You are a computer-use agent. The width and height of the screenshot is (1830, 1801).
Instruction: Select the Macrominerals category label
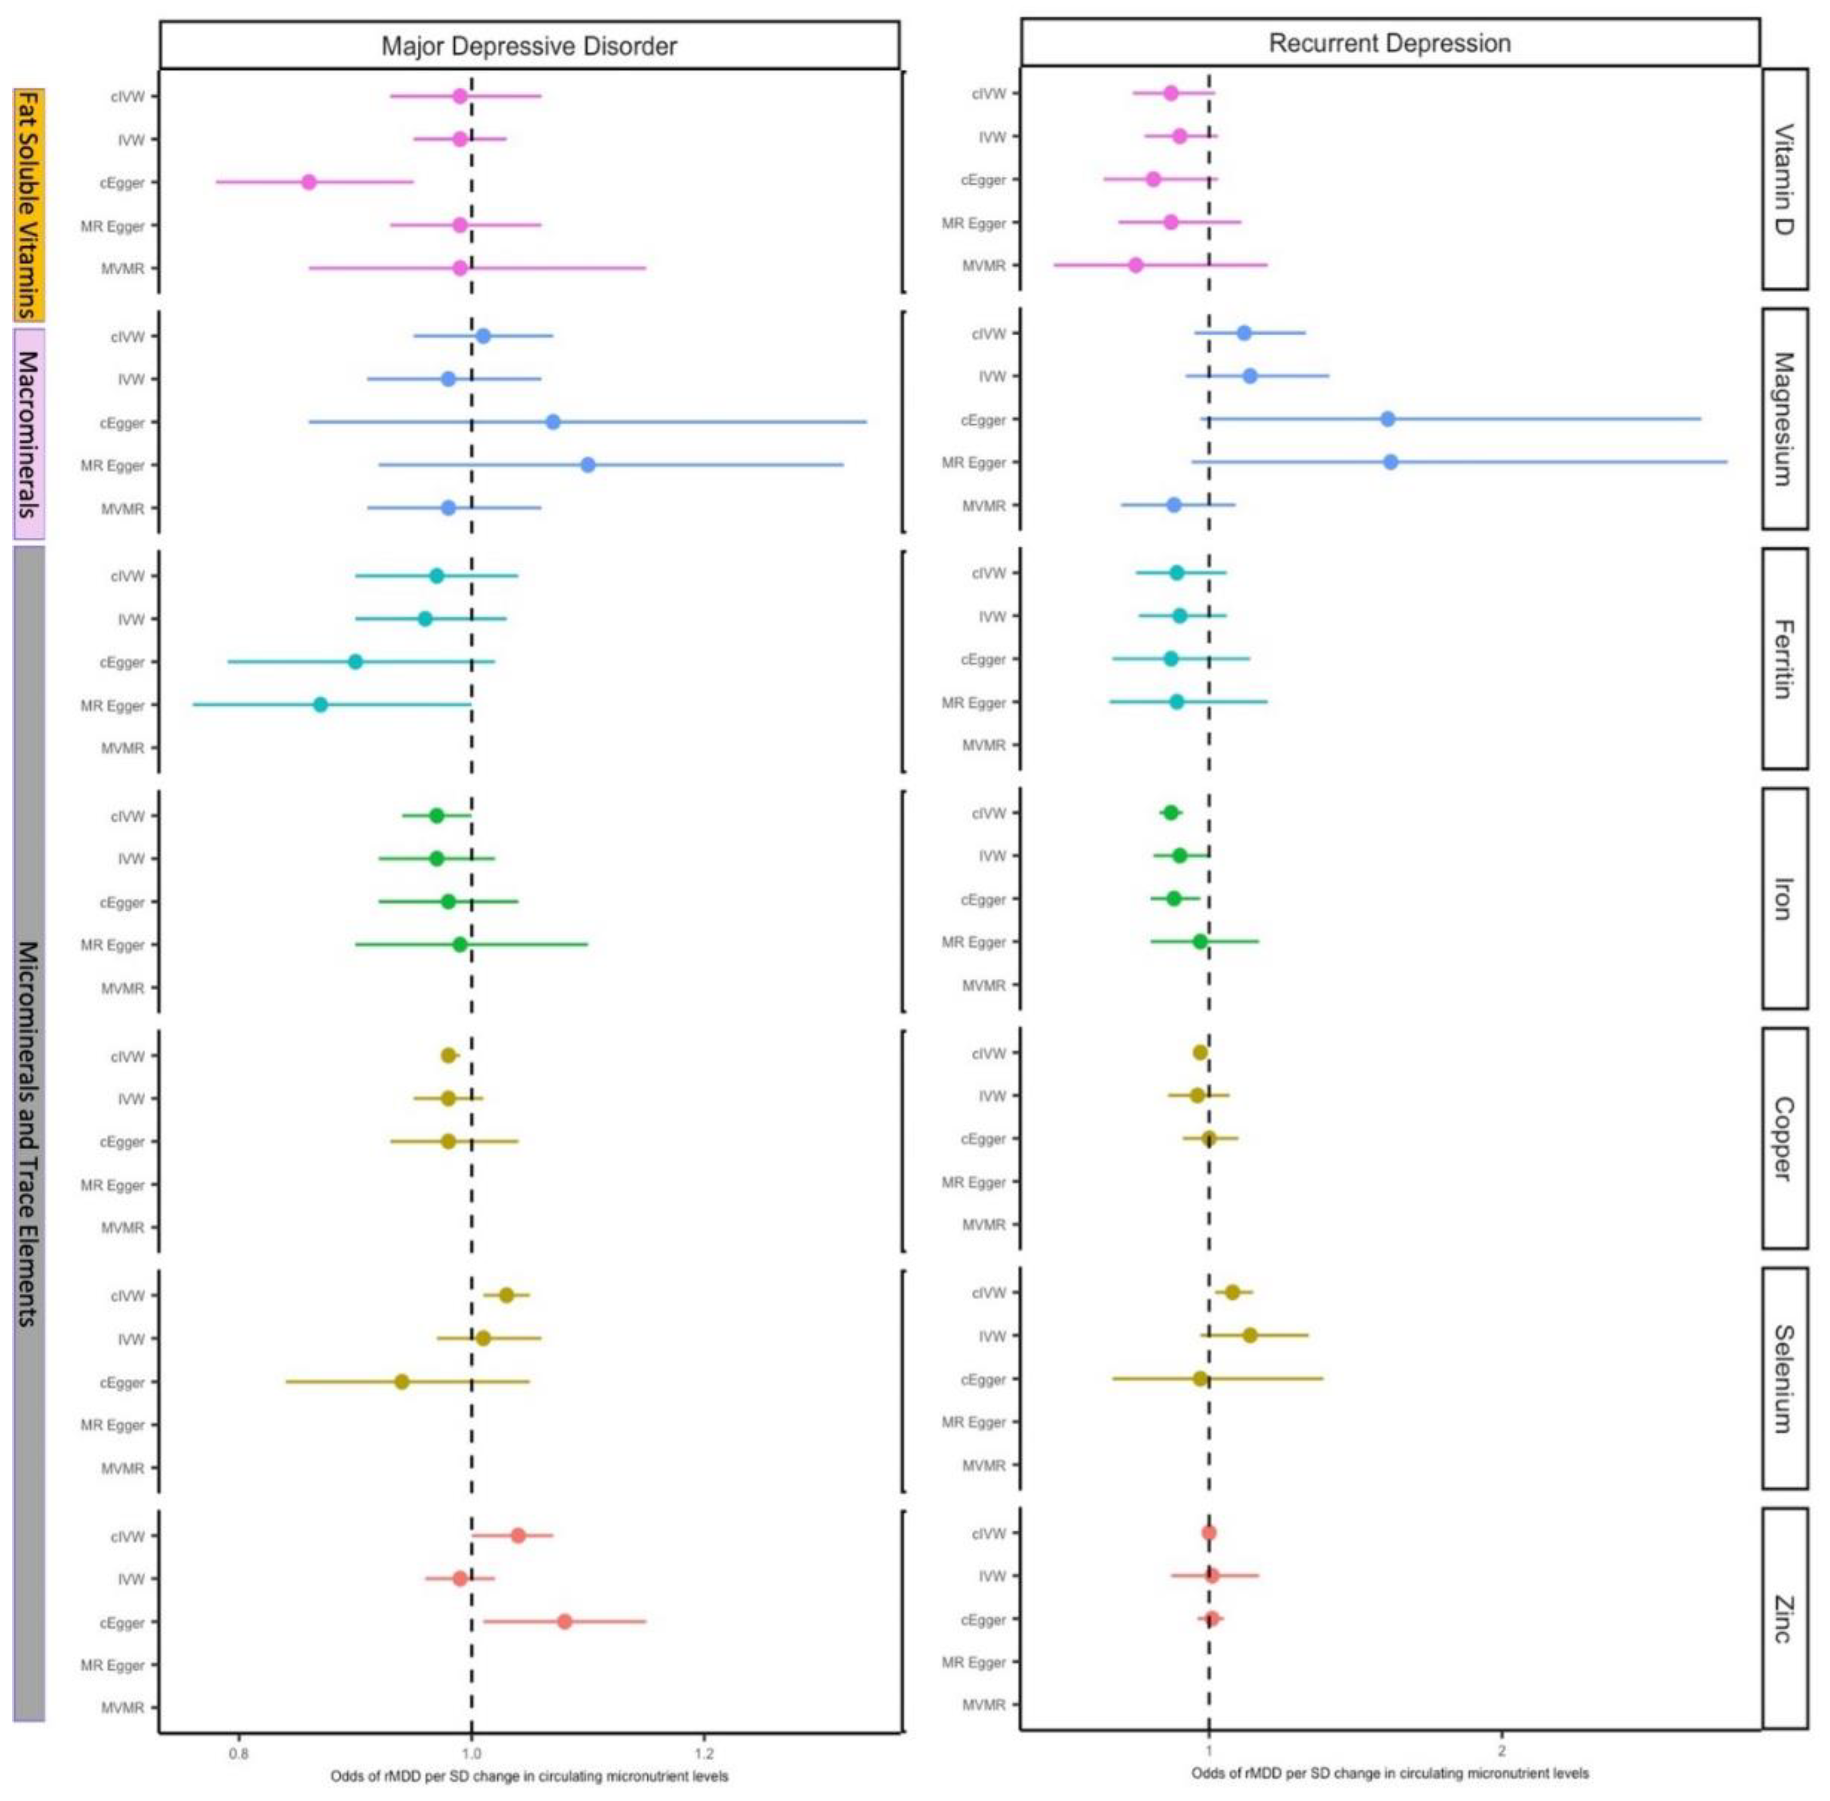click(x=28, y=433)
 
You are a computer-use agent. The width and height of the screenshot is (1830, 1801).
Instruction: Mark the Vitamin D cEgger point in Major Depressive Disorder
click(x=308, y=182)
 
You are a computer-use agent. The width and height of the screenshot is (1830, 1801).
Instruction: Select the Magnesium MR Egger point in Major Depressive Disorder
click(x=587, y=465)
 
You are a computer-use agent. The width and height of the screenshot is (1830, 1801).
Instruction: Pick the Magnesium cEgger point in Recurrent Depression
click(x=1387, y=419)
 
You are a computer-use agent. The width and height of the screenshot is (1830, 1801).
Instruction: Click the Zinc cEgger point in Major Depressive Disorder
click(x=565, y=1621)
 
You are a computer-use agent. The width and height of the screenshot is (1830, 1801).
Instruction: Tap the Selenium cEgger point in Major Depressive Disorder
click(x=401, y=1382)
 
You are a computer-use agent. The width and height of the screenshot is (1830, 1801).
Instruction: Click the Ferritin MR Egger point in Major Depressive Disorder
click(x=320, y=705)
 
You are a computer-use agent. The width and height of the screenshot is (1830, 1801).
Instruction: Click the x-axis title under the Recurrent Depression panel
click(x=1389, y=1773)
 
